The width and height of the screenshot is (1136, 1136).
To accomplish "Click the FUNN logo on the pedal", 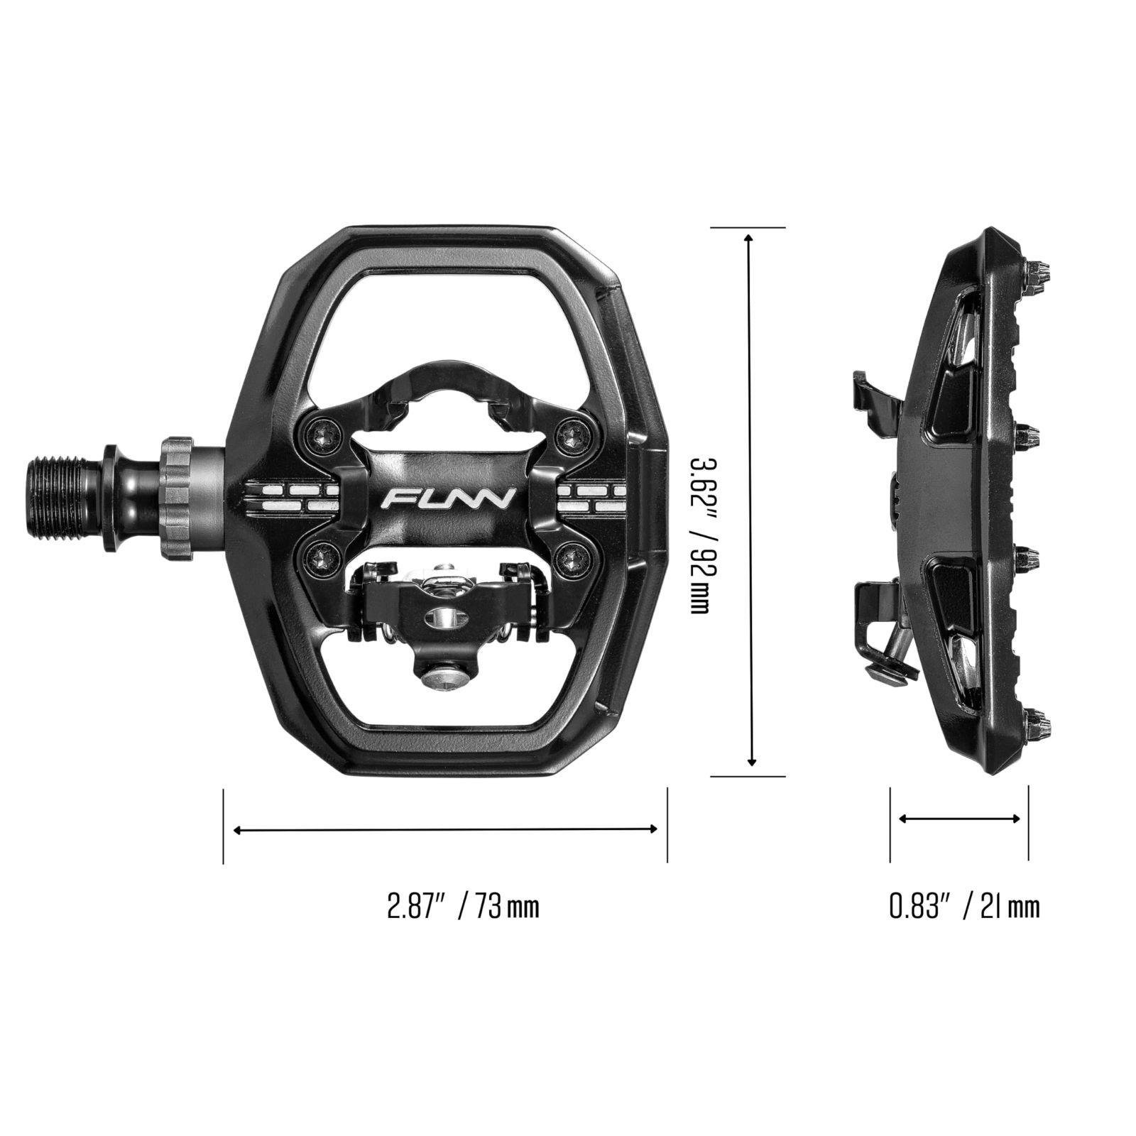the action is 447,498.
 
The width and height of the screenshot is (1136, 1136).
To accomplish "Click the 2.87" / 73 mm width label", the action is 463,907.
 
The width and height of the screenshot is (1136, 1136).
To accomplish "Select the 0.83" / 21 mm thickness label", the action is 965,907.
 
